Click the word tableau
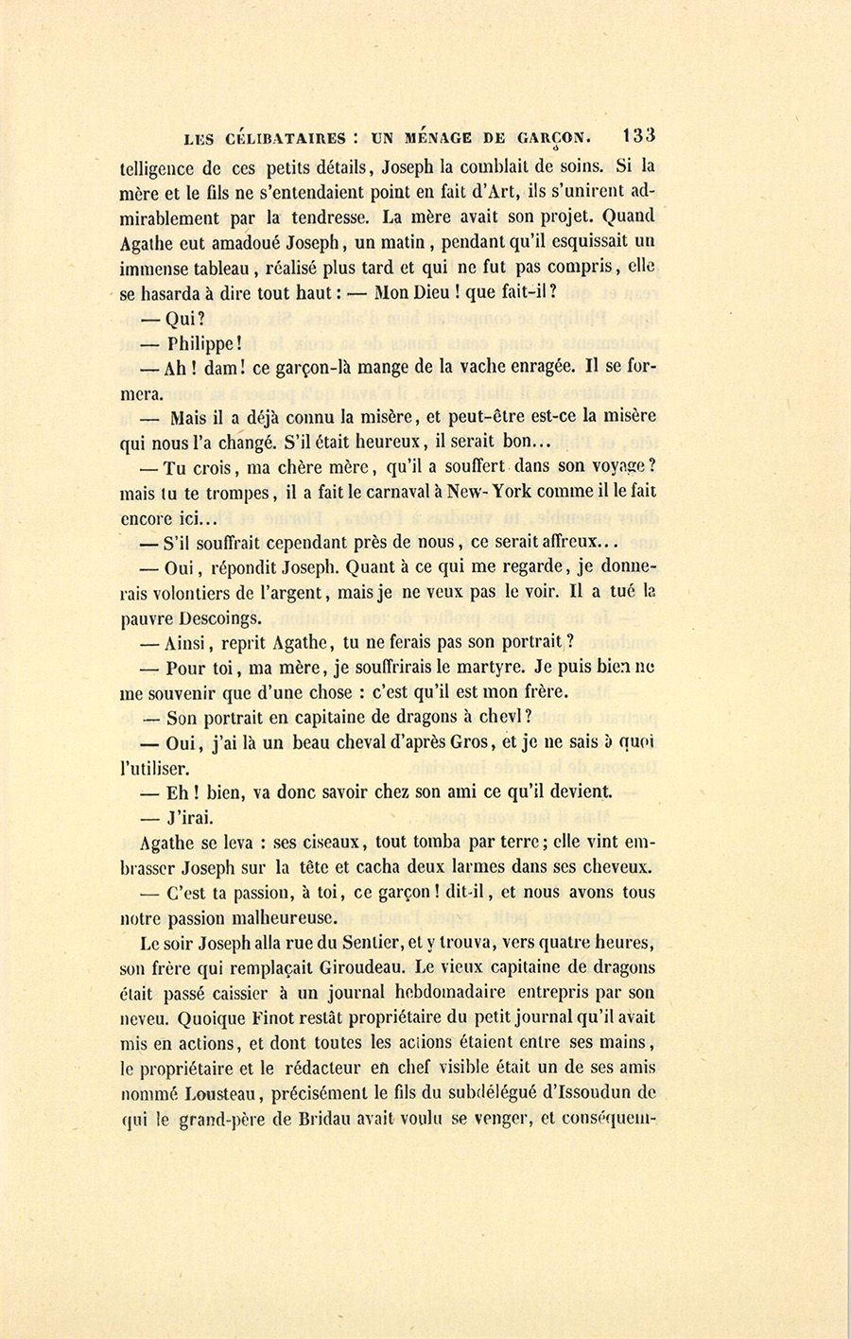click(219, 267)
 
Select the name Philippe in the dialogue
click(198, 344)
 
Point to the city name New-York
click(478, 492)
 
